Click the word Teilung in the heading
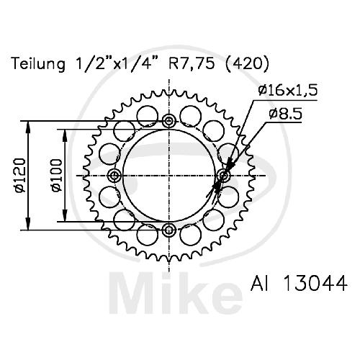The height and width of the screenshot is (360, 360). (38, 64)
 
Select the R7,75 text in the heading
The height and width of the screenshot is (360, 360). (192, 64)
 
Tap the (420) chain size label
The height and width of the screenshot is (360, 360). (247, 64)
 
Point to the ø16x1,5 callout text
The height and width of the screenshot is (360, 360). (288, 91)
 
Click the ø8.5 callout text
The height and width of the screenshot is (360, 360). (285, 114)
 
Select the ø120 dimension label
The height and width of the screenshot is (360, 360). (20, 175)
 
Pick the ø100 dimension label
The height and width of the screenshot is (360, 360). (57, 175)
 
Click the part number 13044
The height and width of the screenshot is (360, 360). (315, 283)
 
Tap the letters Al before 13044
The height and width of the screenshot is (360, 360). (260, 283)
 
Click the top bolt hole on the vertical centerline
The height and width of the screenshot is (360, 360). (169, 121)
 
